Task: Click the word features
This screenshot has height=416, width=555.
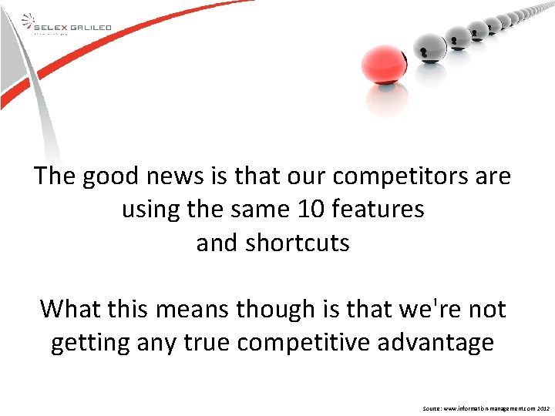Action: click(x=378, y=210)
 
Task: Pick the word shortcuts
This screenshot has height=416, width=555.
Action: click(x=297, y=243)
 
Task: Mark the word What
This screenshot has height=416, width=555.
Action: click(x=71, y=309)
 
